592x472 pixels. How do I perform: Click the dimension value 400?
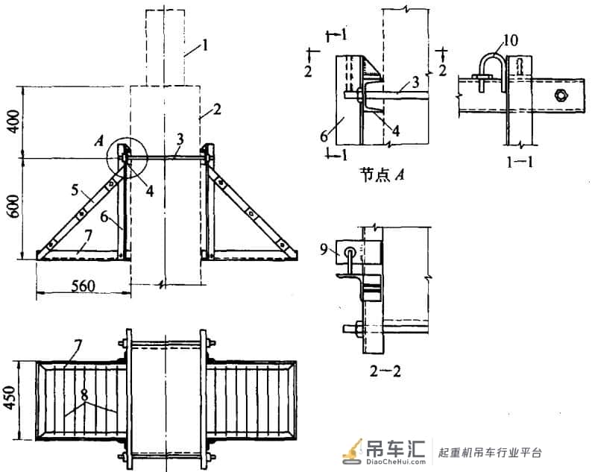tap(14, 121)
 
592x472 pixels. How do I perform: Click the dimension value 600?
tap(14, 206)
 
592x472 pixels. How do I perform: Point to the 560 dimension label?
tap(83, 286)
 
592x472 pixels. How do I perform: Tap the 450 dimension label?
tap(10, 397)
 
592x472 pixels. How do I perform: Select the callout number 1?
tap(205, 46)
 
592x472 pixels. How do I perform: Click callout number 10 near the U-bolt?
tap(511, 40)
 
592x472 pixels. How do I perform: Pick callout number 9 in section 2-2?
tap(324, 250)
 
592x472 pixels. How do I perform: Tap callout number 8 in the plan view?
tap(84, 395)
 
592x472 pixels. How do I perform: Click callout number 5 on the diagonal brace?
tap(75, 189)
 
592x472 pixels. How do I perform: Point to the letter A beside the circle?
tap(99, 141)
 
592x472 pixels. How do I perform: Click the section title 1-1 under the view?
tap(520, 162)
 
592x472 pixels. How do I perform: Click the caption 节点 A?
tap(382, 174)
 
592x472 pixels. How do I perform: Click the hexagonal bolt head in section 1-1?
tap(560, 95)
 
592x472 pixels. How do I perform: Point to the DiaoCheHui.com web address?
tap(396, 462)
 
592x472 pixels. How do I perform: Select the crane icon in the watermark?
tap(353, 451)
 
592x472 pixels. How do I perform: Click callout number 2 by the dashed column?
tap(217, 110)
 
